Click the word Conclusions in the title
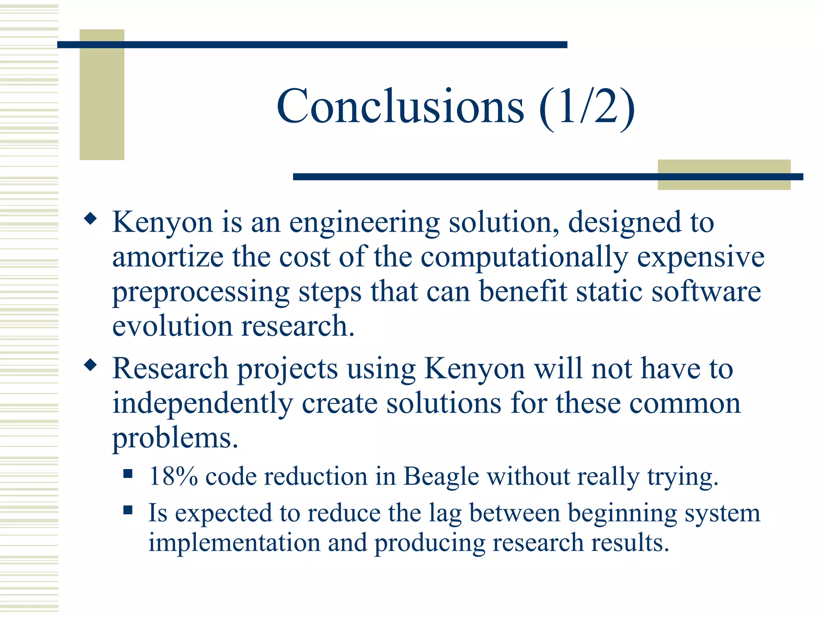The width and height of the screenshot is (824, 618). (400, 107)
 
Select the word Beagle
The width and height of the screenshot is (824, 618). (441, 477)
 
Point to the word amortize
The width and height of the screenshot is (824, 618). (168, 257)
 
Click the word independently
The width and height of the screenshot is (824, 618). (202, 404)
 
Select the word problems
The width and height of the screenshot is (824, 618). (175, 439)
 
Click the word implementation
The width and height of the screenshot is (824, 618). (234, 542)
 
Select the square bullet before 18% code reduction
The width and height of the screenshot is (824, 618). (128, 474)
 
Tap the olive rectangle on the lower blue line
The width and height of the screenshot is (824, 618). (723, 175)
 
